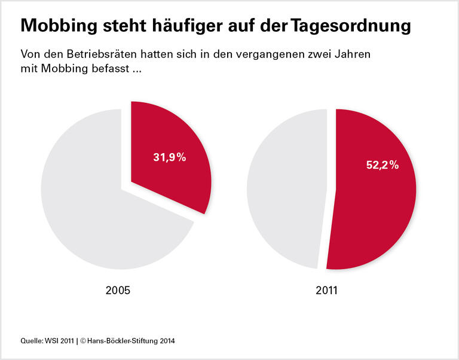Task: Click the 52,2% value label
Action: pos(382,165)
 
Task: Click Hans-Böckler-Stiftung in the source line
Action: pos(123,341)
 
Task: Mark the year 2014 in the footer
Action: pos(167,341)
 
